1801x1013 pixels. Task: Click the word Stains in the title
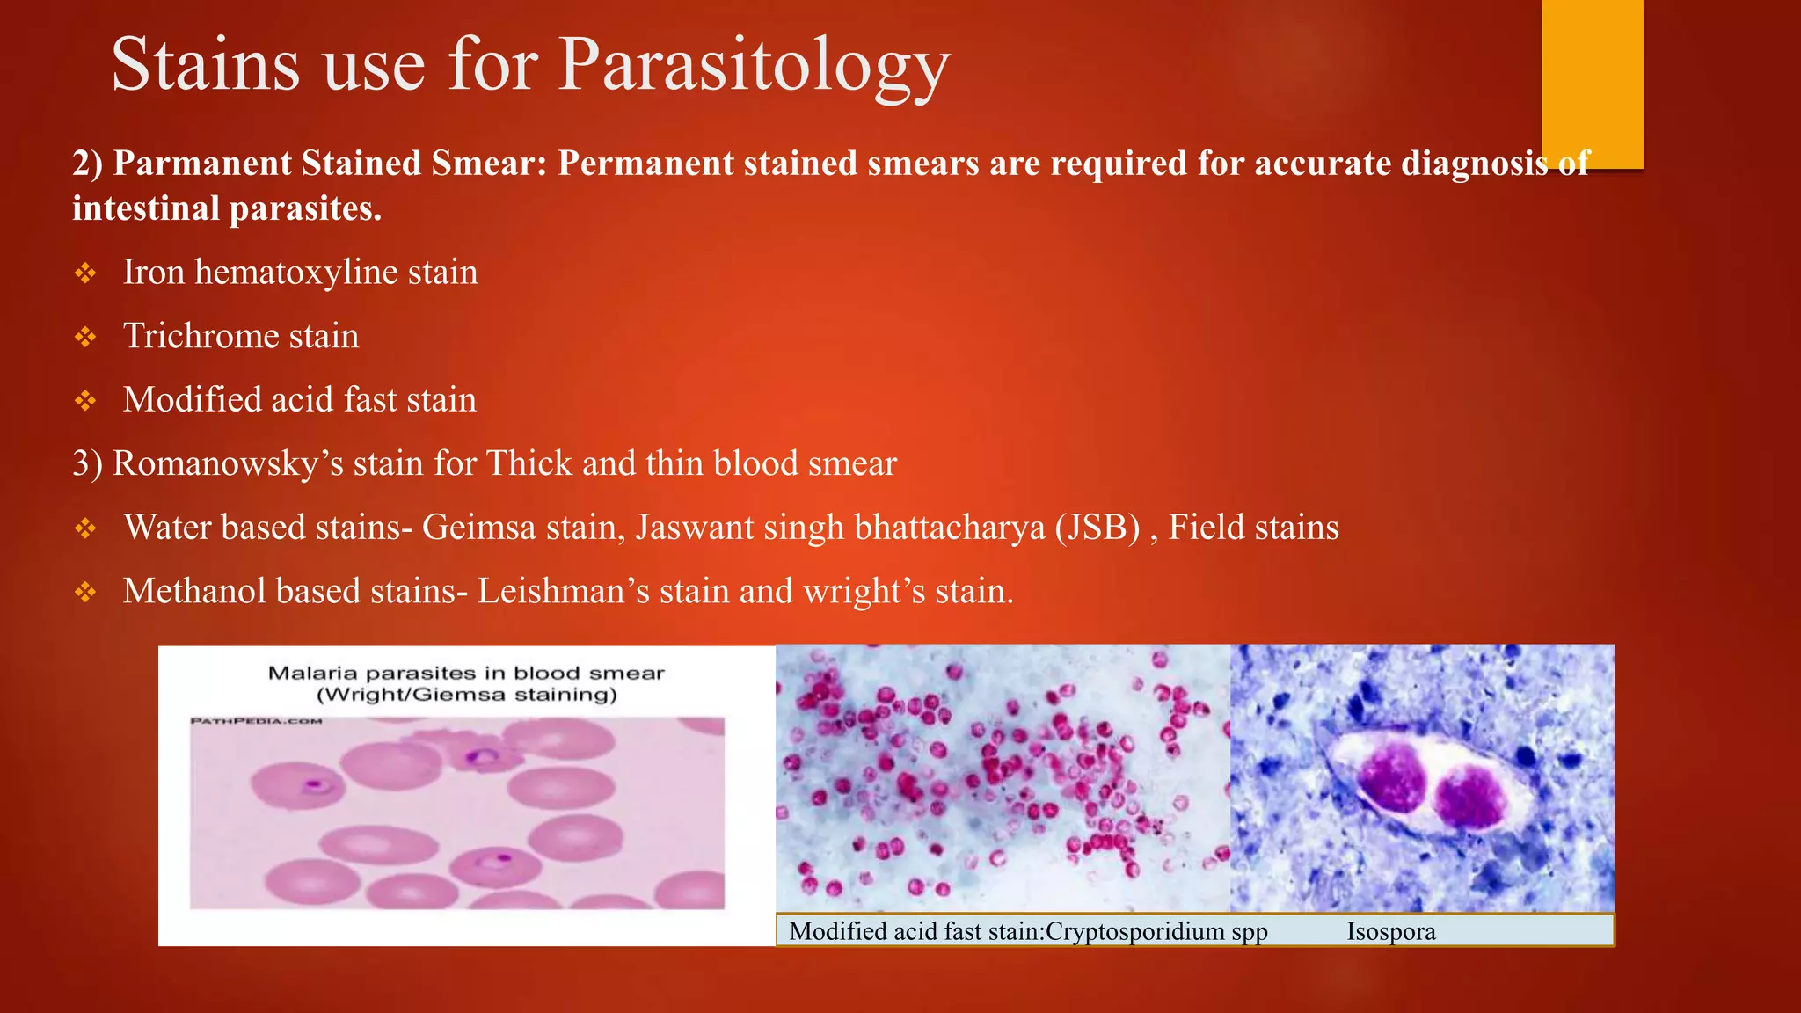tap(204, 66)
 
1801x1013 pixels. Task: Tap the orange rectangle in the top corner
tap(1592, 84)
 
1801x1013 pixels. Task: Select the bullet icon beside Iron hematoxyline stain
tap(85, 273)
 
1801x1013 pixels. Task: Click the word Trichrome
tap(201, 336)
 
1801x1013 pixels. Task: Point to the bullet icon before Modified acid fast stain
tap(85, 401)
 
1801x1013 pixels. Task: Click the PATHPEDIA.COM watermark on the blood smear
tap(257, 721)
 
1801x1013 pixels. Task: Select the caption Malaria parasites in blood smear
tap(466, 674)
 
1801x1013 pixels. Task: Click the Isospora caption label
tap(1390, 931)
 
